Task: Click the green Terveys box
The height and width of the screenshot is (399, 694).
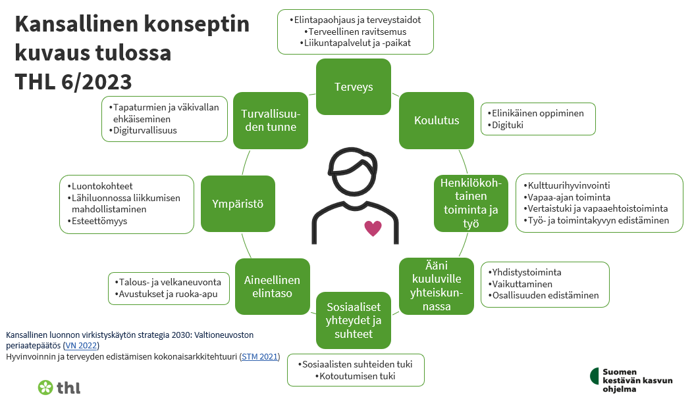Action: (354, 87)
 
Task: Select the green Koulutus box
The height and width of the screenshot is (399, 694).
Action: (436, 120)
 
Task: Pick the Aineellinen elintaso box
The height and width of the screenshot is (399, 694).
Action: (272, 287)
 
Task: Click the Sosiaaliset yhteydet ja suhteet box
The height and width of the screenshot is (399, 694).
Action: (354, 320)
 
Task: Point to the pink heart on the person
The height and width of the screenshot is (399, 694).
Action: (373, 229)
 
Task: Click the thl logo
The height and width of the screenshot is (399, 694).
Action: (59, 387)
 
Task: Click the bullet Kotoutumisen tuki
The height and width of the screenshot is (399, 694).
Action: (356, 376)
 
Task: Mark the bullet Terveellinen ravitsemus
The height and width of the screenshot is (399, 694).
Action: (356, 32)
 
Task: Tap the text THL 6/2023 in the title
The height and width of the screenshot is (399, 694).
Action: (73, 81)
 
